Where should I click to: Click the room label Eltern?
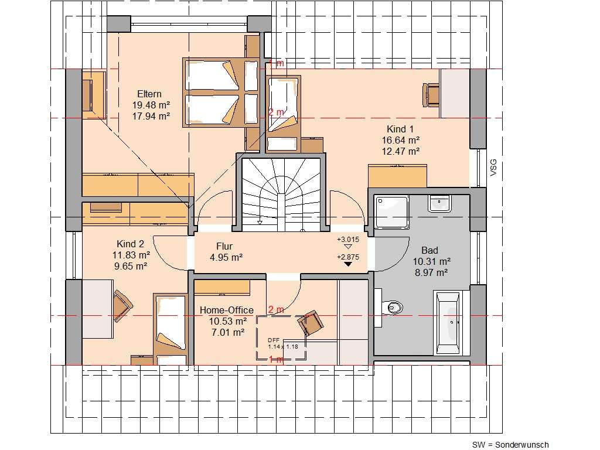(149, 94)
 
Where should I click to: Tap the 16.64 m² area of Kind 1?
(403, 140)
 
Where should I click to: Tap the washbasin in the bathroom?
(439, 203)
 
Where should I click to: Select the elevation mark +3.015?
(348, 240)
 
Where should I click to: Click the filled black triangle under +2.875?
(348, 264)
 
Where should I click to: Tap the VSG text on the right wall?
(493, 168)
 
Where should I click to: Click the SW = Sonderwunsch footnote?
(510, 445)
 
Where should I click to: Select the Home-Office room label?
(226, 310)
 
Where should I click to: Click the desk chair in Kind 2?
(123, 305)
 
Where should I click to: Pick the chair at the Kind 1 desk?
(432, 94)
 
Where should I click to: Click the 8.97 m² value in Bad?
(431, 272)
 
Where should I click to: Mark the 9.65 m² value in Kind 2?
(130, 265)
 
